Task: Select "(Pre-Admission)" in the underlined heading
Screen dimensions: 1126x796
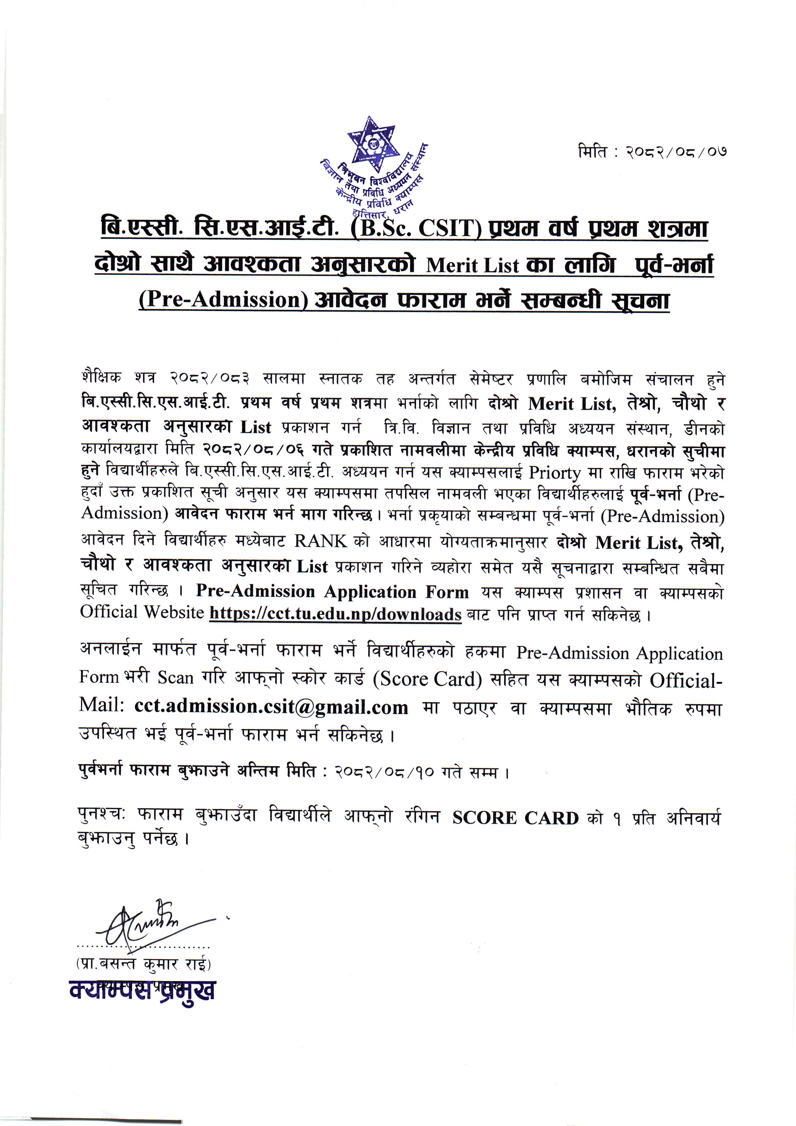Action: (223, 299)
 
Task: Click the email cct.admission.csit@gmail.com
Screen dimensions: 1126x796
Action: (271, 707)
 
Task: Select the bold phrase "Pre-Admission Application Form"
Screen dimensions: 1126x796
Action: (332, 592)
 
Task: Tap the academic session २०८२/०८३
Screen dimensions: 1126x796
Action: (211, 378)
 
